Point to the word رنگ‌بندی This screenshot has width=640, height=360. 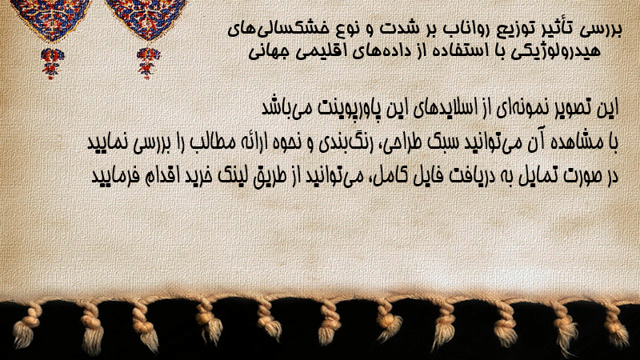(338, 143)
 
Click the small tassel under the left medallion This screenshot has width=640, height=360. (52, 63)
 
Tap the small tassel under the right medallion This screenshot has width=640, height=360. (148, 63)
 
